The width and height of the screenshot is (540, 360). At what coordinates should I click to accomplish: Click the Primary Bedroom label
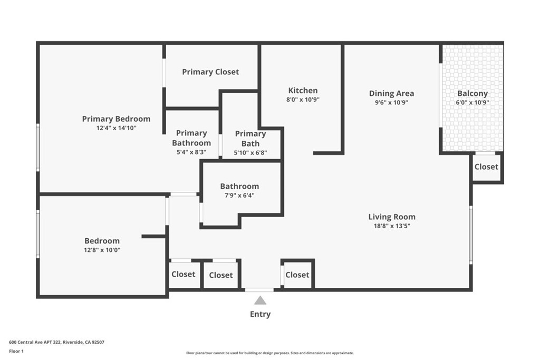[116, 119]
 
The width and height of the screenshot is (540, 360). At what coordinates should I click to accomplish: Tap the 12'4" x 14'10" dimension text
[117, 128]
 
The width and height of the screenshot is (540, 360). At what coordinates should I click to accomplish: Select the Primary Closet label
[210, 72]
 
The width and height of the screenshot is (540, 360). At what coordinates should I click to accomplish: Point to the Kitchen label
[303, 91]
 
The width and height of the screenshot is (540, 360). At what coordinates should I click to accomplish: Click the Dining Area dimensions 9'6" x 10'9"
[392, 102]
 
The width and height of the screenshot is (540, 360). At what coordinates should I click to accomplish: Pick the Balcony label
[472, 94]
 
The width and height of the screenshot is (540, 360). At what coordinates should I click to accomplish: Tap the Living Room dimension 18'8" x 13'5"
[392, 226]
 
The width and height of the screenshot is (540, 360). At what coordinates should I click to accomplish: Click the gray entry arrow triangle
[260, 300]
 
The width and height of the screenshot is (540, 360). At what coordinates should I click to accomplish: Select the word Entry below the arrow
[260, 314]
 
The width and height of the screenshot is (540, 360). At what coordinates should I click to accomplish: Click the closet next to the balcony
[486, 167]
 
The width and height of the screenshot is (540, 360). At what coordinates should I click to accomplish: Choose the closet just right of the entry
[297, 275]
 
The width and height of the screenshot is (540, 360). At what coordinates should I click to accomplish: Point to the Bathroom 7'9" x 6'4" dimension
[239, 196]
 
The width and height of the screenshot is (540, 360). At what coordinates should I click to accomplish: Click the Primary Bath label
[250, 138]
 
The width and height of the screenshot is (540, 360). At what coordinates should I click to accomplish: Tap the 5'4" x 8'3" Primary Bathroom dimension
[191, 152]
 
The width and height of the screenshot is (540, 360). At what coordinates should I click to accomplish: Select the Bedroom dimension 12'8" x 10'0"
[102, 250]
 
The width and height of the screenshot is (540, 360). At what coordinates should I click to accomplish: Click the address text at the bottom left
[56, 342]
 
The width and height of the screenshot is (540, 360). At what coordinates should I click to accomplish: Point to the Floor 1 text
[16, 351]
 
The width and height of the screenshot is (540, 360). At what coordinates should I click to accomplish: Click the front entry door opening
[259, 290]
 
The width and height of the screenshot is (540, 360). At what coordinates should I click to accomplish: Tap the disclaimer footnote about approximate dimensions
[269, 353]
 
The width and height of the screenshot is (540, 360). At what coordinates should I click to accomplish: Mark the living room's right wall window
[471, 235]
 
